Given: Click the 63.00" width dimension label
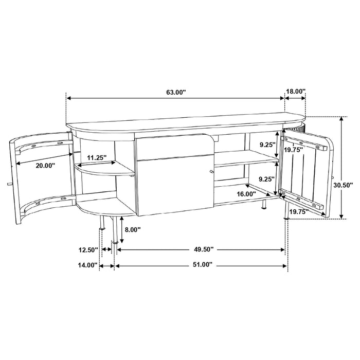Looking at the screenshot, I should tap(175, 93).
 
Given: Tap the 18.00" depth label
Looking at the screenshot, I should tap(296, 91).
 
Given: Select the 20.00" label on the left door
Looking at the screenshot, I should tap(44, 166).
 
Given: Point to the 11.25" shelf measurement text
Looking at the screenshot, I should tap(97, 157).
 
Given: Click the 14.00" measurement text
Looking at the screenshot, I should tap(88, 265).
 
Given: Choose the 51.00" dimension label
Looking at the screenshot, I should tap(201, 265).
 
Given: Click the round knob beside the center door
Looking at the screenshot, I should tap(210, 172).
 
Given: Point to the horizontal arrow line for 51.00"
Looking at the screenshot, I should tap(154, 266).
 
